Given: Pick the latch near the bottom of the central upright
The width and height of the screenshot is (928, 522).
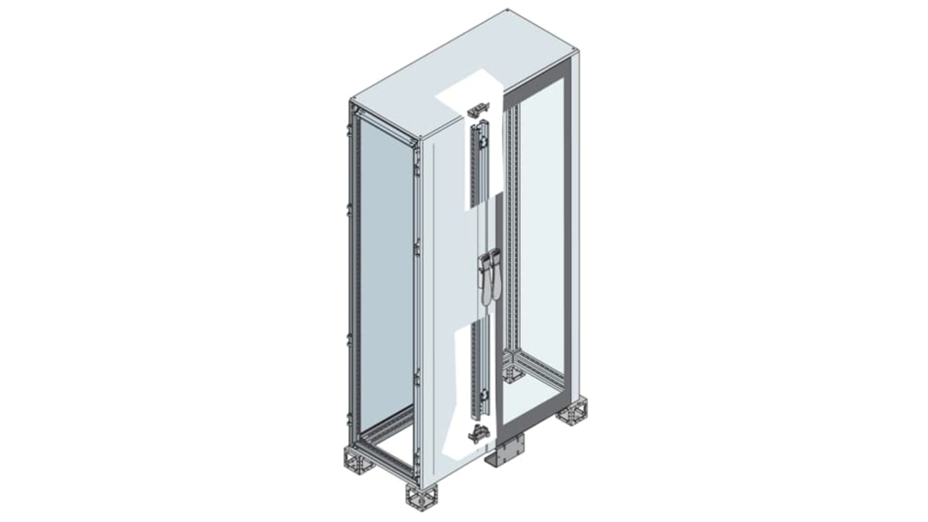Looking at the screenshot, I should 483,396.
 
